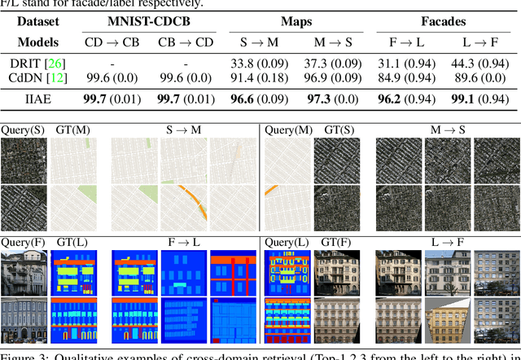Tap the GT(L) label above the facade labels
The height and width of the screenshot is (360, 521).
[71, 242]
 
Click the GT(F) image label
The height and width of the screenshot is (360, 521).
[336, 242]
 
